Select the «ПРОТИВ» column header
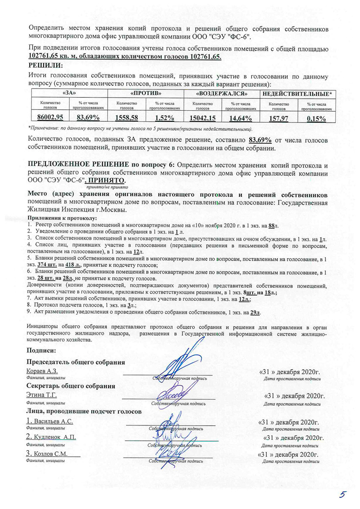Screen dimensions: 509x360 (145, 92)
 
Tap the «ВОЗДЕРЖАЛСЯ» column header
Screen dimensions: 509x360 (221, 92)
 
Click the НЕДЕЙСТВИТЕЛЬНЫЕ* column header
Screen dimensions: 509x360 (297, 92)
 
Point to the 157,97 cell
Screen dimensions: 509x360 (279, 118)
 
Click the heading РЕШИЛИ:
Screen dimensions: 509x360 (45, 65)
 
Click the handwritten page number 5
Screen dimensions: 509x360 (343, 495)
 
